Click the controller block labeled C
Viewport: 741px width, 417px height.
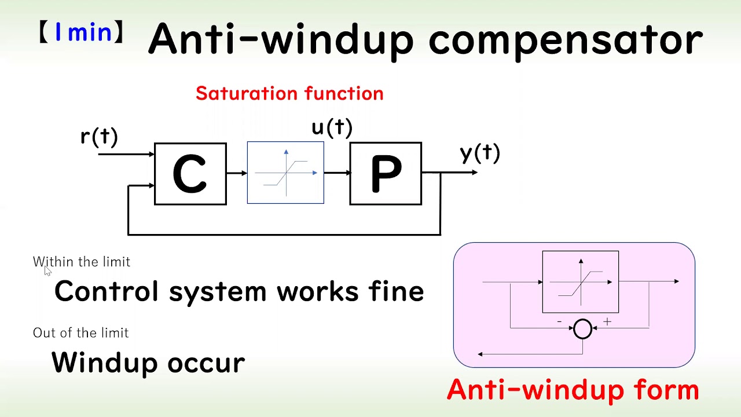coord(190,174)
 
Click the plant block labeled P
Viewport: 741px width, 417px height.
coord(386,174)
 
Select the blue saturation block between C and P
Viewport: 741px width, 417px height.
coord(285,173)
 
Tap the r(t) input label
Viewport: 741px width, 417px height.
coord(99,137)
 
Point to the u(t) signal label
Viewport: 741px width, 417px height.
coord(332,127)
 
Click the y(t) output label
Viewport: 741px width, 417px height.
coord(479,153)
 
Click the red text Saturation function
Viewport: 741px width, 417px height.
coord(289,93)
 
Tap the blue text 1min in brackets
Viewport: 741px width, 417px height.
coord(83,32)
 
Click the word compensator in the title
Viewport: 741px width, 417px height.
coord(565,39)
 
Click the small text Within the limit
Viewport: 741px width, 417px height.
coord(82,262)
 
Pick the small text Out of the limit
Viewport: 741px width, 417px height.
coord(80,332)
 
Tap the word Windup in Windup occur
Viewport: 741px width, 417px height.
coord(104,363)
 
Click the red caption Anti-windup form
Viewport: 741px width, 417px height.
coord(573,389)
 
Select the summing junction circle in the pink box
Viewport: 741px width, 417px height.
coord(582,329)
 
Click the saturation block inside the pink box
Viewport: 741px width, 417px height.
coord(580,281)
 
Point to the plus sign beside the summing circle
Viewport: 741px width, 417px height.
coord(607,321)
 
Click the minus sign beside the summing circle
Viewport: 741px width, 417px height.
coord(559,321)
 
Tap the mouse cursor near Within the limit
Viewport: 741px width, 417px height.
coord(47,271)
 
